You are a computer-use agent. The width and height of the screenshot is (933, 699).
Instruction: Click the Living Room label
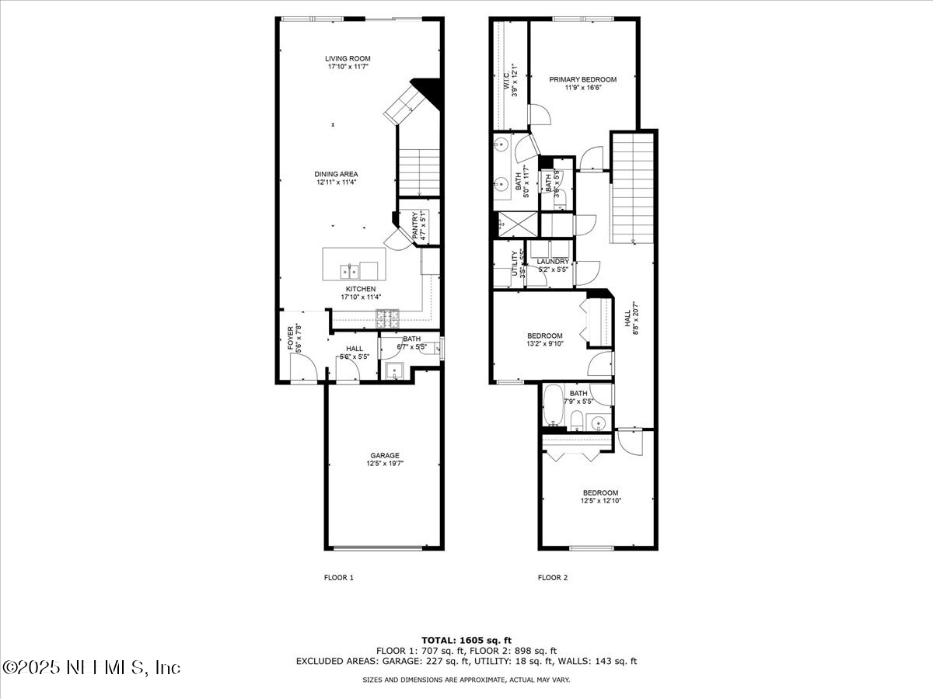[x=348, y=58]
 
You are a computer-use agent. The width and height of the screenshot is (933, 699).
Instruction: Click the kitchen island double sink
[x=349, y=271]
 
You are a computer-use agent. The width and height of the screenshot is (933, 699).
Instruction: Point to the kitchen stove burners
[x=386, y=316]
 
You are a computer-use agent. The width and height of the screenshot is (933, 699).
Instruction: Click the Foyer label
[x=291, y=339]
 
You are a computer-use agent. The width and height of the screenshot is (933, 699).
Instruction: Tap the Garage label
[x=385, y=455]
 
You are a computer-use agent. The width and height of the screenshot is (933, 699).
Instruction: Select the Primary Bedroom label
[x=582, y=79]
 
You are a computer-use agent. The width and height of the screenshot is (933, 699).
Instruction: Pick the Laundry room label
[x=552, y=262]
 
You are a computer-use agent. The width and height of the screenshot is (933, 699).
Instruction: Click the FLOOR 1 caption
[x=338, y=578]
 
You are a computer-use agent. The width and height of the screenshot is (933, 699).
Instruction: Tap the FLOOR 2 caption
[x=553, y=578]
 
